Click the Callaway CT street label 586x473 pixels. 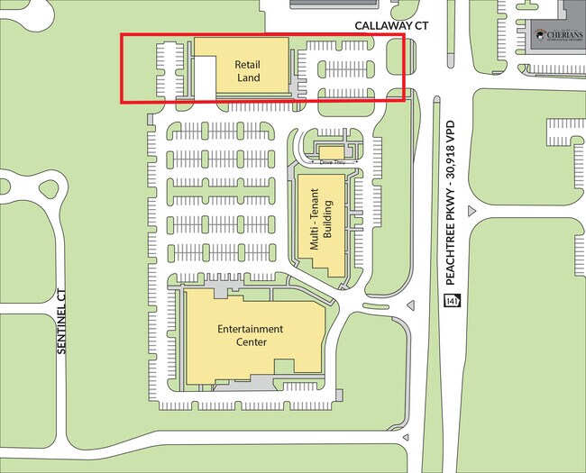[x=389, y=26]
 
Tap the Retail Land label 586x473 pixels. [x=248, y=71]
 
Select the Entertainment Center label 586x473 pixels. [x=250, y=335]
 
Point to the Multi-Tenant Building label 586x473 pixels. [x=321, y=225]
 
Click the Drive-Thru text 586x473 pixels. [x=332, y=162]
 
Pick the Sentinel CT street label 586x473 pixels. [x=62, y=321]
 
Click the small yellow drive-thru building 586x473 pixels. [x=332, y=151]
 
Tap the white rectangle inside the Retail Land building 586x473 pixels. [x=206, y=76]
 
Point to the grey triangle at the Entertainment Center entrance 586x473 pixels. [x=410, y=306]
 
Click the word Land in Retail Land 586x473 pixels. [x=248, y=78]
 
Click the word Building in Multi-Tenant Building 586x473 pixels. [x=328, y=225]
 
